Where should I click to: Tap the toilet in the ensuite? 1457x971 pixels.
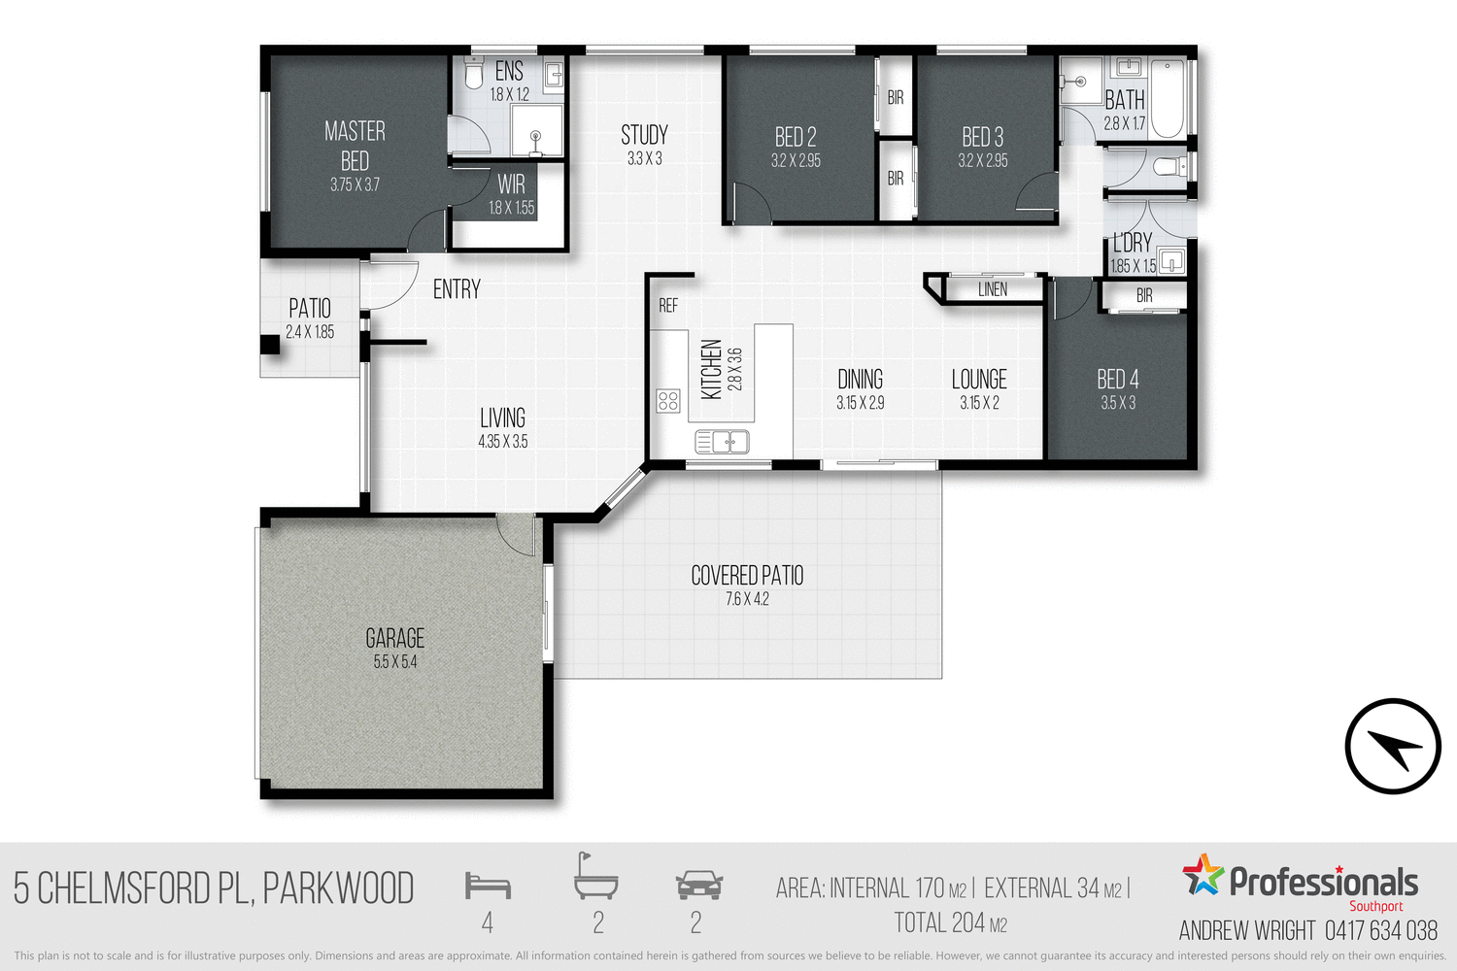click(x=474, y=74)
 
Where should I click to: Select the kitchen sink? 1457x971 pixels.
click(x=722, y=443)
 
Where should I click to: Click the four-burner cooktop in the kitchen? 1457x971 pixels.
click(x=668, y=400)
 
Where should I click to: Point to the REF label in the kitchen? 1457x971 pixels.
click(x=668, y=306)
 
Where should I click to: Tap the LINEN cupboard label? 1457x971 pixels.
click(x=993, y=289)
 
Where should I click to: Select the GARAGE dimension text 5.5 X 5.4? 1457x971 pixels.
click(x=395, y=662)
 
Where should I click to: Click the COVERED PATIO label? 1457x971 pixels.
click(x=747, y=576)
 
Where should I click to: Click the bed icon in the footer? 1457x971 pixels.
click(x=488, y=886)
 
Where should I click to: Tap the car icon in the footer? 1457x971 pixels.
click(x=698, y=885)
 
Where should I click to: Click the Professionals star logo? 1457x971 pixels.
click(x=1203, y=875)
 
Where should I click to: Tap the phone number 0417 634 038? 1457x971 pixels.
click(x=1380, y=930)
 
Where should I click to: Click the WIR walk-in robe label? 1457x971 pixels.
click(x=511, y=184)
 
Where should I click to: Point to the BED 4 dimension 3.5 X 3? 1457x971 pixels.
click(x=1118, y=403)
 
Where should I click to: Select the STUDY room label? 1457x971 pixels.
click(x=644, y=135)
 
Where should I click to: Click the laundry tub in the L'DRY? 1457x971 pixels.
click(x=1172, y=260)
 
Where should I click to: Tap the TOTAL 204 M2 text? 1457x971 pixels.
click(x=950, y=922)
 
